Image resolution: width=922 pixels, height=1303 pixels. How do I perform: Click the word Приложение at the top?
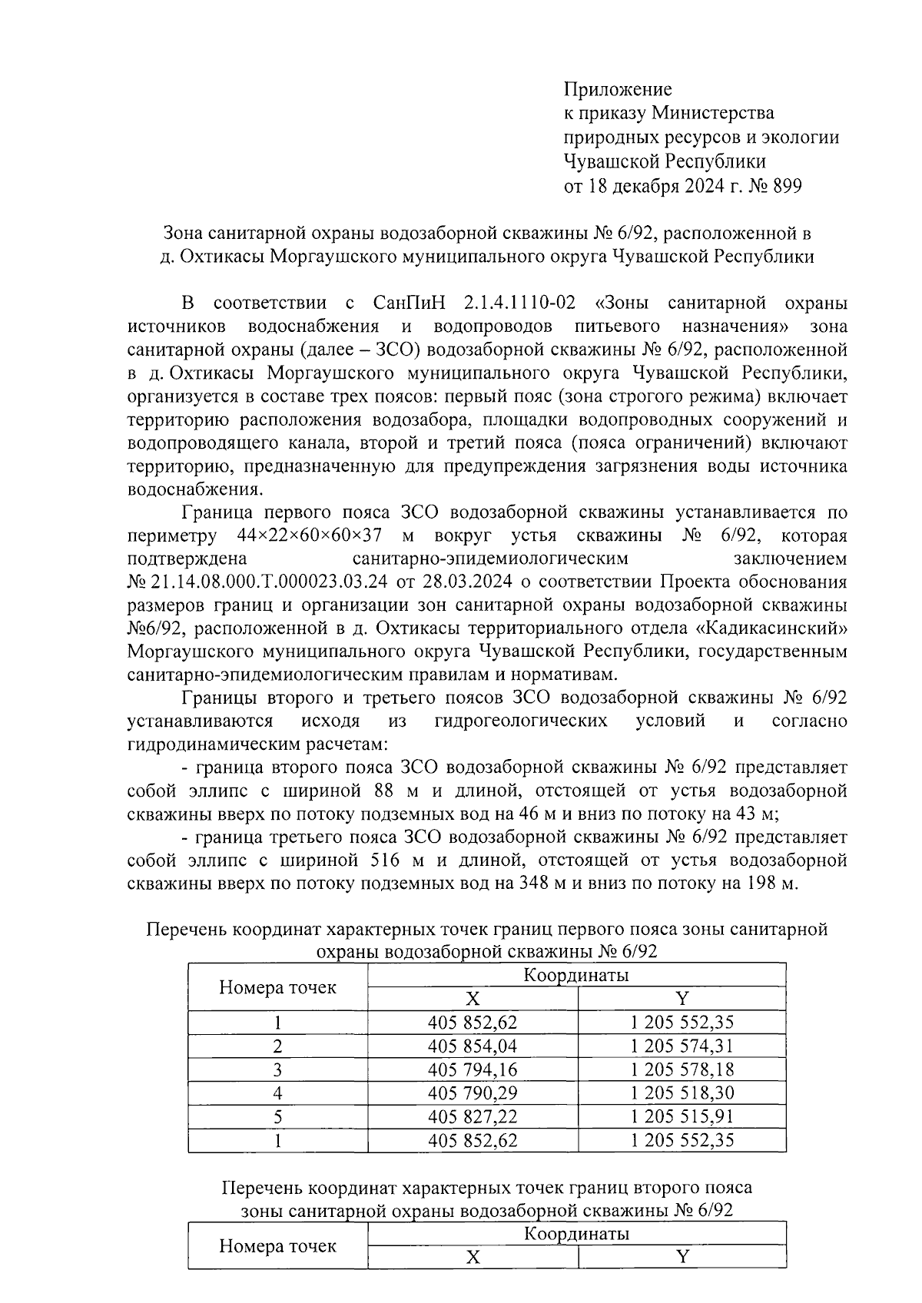tap(618, 90)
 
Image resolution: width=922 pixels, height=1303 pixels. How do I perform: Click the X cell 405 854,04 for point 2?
tap(473, 1046)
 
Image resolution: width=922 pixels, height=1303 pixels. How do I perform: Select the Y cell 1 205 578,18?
tap(682, 1069)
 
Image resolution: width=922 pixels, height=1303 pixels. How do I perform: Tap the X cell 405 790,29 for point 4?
tap(473, 1092)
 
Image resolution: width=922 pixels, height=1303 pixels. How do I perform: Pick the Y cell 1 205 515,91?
tap(682, 1116)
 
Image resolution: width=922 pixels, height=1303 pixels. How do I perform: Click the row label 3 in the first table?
tap(277, 1069)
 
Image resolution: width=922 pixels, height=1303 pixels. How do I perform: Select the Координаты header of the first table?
tap(576, 976)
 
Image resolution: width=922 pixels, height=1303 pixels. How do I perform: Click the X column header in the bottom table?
tap(473, 1257)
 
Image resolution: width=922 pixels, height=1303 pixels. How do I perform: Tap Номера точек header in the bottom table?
tap(277, 1245)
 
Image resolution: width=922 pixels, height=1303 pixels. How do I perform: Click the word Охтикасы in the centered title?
tap(221, 256)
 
